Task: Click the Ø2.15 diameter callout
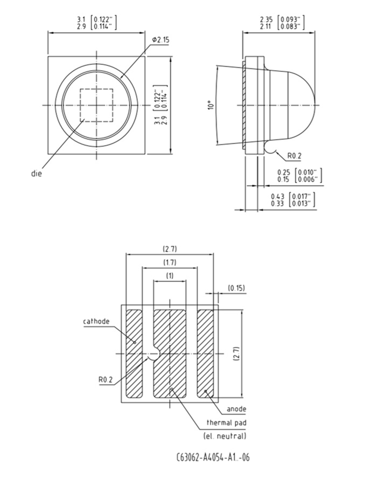pyautogui.click(x=160, y=40)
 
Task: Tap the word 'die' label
pyautogui.click(x=37, y=173)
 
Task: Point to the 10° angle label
pyautogui.click(x=211, y=105)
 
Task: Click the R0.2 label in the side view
pyautogui.click(x=294, y=156)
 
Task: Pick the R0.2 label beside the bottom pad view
pyautogui.click(x=106, y=379)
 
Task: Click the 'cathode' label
pyautogui.click(x=96, y=321)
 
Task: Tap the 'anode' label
pyautogui.click(x=236, y=409)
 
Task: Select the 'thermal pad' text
pyautogui.click(x=227, y=422)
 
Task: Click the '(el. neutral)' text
pyautogui.click(x=225, y=436)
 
